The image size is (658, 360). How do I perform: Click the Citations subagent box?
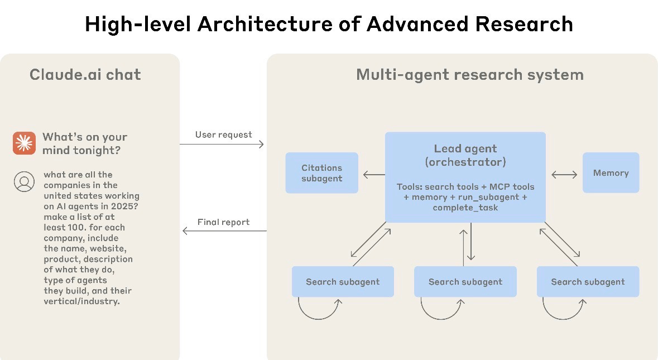[x=322, y=173]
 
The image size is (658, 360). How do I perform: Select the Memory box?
[x=611, y=173]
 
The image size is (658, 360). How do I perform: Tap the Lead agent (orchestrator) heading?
[x=465, y=155]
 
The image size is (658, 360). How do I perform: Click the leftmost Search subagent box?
[x=343, y=281]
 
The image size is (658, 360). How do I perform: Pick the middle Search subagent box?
[x=465, y=281]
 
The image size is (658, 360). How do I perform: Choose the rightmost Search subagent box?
[x=588, y=281]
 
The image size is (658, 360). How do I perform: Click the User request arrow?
[x=222, y=145]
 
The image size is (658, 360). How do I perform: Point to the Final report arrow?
[x=224, y=231]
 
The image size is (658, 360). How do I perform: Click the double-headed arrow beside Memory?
[x=564, y=175]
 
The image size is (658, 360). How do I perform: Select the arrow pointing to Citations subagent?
[x=374, y=175]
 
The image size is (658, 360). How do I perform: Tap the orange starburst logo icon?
[x=24, y=143]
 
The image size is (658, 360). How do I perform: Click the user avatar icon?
[x=25, y=182]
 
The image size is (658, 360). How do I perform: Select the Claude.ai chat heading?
[x=85, y=75]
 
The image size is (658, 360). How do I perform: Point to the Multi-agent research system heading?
[x=470, y=75]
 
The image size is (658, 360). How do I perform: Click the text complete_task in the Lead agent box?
[x=465, y=208]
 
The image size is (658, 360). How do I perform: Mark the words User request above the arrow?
[x=224, y=135]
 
